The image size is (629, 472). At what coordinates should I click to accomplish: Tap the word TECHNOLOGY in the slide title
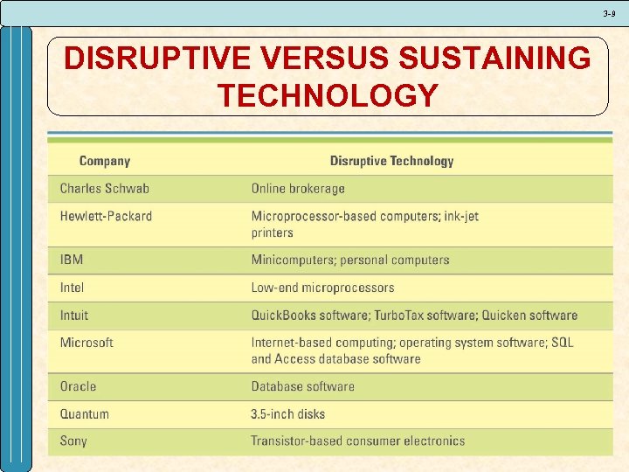click(x=328, y=95)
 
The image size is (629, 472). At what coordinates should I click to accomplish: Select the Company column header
click(x=105, y=161)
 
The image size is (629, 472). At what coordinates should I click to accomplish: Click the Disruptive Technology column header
click(x=391, y=161)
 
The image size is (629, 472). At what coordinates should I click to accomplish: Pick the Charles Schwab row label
click(x=105, y=189)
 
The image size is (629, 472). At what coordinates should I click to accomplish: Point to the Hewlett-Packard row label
click(x=106, y=217)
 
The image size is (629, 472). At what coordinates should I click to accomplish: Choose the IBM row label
click(x=72, y=260)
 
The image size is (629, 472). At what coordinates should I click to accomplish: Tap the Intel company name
click(x=73, y=288)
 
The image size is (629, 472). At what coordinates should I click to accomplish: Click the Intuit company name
click(x=74, y=316)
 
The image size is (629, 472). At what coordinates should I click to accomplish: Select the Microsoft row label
click(x=86, y=343)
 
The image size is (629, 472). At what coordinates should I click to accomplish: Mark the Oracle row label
click(x=79, y=386)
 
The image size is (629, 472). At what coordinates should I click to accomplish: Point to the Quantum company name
click(x=85, y=414)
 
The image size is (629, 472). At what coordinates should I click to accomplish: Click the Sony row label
click(x=73, y=441)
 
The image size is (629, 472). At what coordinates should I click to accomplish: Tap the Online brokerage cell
click(x=298, y=189)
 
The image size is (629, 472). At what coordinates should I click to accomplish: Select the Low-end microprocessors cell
click(x=322, y=288)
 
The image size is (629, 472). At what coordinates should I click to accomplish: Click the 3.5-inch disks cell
click(x=287, y=414)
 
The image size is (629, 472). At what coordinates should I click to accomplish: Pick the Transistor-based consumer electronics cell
click(x=358, y=441)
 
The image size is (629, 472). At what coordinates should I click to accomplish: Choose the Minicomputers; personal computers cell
click(x=350, y=260)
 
